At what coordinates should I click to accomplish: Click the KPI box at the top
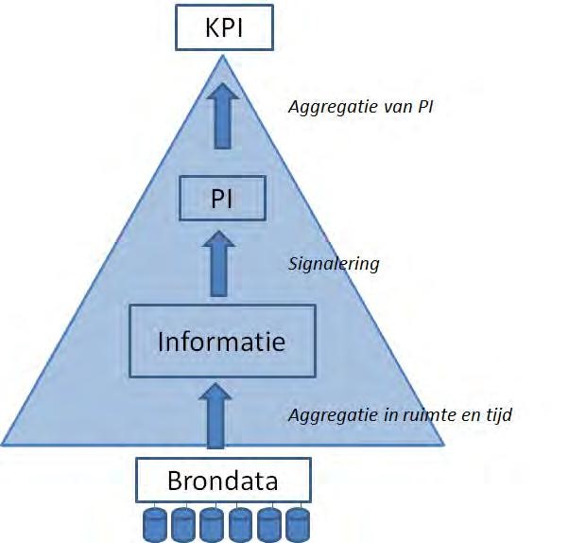pos(224,26)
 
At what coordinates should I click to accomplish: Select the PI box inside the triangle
pos(222,200)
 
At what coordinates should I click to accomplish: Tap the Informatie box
pos(222,341)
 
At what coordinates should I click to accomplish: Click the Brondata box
pos(223,480)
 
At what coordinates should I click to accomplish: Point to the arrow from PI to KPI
pos(222,114)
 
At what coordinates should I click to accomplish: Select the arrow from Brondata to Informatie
pos(216,414)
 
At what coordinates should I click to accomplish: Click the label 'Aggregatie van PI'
pos(360,106)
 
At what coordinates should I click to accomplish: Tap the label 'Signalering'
pos(333,264)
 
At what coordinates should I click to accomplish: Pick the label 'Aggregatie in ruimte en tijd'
pos(400,414)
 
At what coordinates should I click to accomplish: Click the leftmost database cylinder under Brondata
pos(154,525)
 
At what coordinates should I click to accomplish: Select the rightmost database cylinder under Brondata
pos(298,525)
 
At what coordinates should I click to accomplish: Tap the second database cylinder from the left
pos(182,525)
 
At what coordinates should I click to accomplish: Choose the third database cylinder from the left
pos(211,525)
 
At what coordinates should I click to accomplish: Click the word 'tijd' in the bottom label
pos(497,414)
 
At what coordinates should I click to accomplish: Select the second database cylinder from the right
pos(269,525)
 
